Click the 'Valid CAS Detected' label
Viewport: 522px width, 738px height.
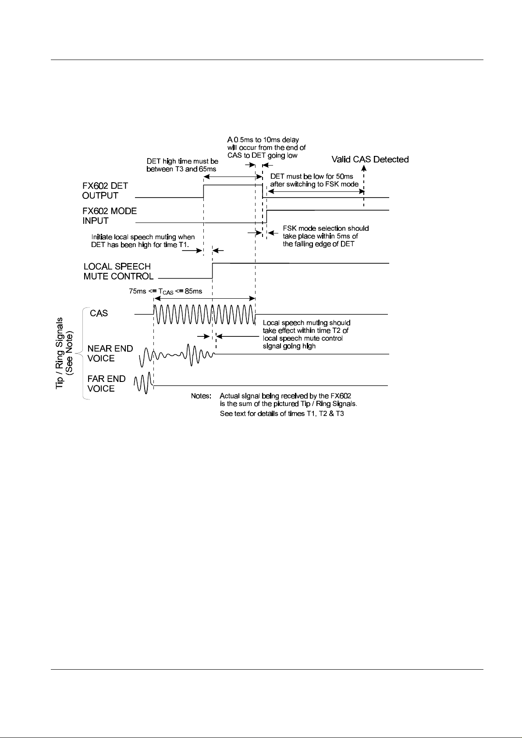point(370,159)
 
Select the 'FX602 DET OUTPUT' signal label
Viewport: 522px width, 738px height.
point(105,191)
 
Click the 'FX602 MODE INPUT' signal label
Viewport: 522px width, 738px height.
point(110,215)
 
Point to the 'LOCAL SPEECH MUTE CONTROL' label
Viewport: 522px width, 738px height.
point(118,272)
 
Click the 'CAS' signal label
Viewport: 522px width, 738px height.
point(99,314)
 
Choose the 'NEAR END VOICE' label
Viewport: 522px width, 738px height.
point(110,353)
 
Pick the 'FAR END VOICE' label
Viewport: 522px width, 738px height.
point(107,383)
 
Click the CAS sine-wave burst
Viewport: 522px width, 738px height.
point(204,314)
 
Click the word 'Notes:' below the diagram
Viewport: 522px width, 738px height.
point(202,395)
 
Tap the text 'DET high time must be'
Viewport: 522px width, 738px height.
point(182,162)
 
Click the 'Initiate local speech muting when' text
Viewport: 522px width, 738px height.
point(143,237)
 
